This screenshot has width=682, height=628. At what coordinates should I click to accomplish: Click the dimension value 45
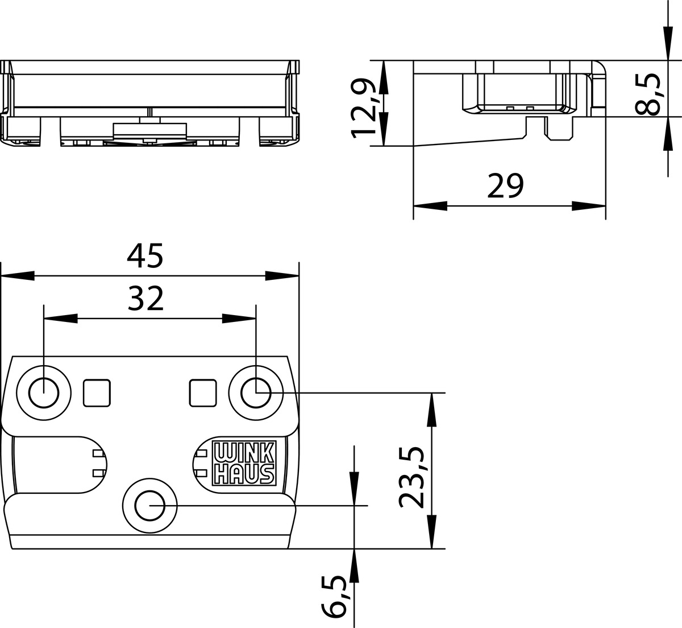pyautogui.click(x=145, y=255)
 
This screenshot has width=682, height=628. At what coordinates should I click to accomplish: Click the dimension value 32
pyautogui.click(x=146, y=299)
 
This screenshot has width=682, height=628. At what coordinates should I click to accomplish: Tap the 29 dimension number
pyautogui.click(x=505, y=186)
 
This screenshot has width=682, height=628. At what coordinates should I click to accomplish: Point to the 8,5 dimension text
pyautogui.click(x=648, y=94)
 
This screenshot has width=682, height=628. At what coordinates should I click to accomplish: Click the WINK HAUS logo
pyautogui.click(x=244, y=463)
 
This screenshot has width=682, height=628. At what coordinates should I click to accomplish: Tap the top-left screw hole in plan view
pyautogui.click(x=44, y=393)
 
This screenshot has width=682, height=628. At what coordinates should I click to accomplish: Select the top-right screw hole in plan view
pyautogui.click(x=256, y=393)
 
